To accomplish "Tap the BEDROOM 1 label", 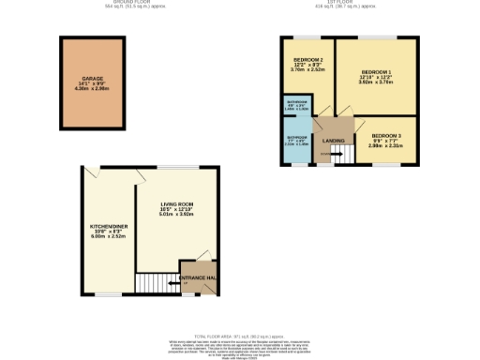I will [376, 72].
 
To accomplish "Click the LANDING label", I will [333, 142].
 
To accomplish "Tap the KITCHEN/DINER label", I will [106, 226].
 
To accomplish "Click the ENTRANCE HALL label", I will [198, 279].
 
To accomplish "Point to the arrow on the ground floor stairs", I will [173, 279].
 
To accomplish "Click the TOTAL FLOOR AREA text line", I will [240, 336].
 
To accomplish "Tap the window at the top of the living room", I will [176, 167].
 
